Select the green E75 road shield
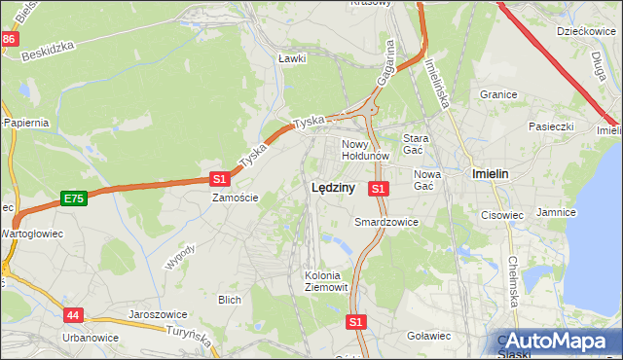[73, 198]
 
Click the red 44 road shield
[74, 315]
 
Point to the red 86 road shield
[9, 39]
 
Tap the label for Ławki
[292, 58]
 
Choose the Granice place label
[497, 94]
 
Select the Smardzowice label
[386, 222]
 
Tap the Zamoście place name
[236, 197]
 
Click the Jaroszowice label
[158, 314]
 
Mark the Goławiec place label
[428, 336]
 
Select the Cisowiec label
[502, 215]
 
